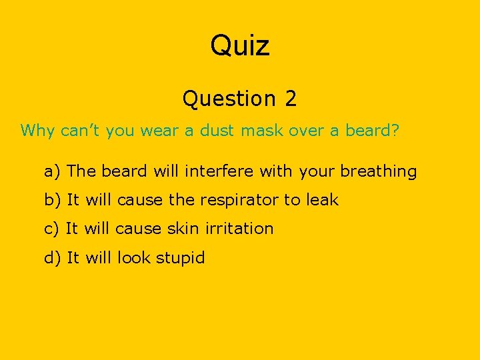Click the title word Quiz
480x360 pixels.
[x=240, y=47]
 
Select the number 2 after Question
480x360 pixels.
[x=290, y=99]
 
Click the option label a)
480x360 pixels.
[x=53, y=171]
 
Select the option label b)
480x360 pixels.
[x=53, y=200]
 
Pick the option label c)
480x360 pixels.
[x=52, y=229]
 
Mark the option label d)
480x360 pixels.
[x=53, y=257]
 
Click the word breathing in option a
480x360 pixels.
[x=378, y=171]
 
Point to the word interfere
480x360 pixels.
[x=219, y=171]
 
